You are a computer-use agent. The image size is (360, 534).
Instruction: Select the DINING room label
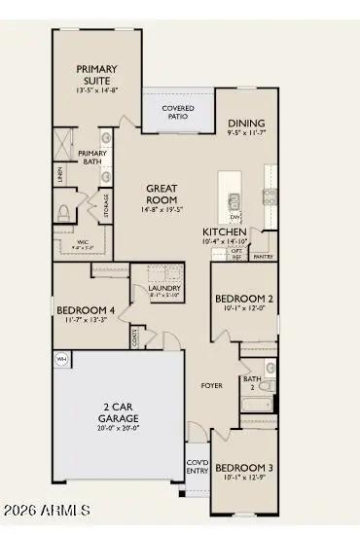(246, 124)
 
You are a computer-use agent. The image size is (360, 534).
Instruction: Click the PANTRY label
(263, 257)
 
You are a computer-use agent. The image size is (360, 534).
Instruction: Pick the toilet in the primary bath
(65, 212)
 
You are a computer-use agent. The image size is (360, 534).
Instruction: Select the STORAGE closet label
(105, 205)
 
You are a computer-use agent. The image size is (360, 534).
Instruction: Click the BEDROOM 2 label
(243, 299)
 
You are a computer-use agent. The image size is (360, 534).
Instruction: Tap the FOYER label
(211, 385)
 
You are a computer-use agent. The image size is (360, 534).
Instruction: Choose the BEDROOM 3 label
(243, 468)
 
